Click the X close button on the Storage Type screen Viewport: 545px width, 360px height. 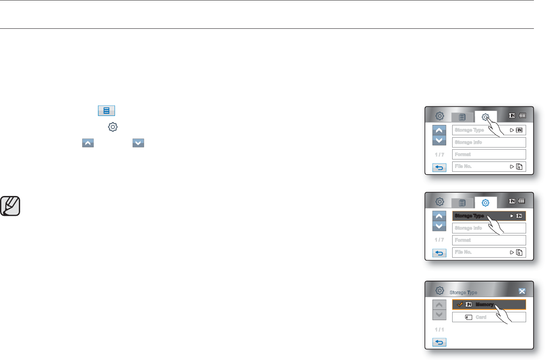click(x=522, y=291)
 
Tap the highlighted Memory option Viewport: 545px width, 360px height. click(x=489, y=305)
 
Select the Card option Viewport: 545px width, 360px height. click(x=489, y=317)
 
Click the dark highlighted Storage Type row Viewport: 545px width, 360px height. click(x=489, y=216)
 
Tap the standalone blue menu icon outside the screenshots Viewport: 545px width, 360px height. click(x=106, y=111)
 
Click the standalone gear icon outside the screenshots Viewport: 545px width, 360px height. click(x=113, y=127)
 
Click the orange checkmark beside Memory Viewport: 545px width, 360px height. click(x=460, y=305)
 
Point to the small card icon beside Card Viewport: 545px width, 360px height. click(x=469, y=317)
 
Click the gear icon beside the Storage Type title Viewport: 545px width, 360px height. click(x=439, y=291)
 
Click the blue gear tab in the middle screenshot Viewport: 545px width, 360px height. click(x=485, y=203)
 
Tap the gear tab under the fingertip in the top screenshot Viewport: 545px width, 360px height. click(x=485, y=117)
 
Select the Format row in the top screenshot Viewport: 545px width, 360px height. click(x=489, y=155)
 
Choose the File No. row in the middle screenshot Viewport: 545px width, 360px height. click(x=489, y=252)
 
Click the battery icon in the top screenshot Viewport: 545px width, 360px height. click(x=522, y=116)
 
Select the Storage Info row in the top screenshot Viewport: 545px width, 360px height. click(x=489, y=142)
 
